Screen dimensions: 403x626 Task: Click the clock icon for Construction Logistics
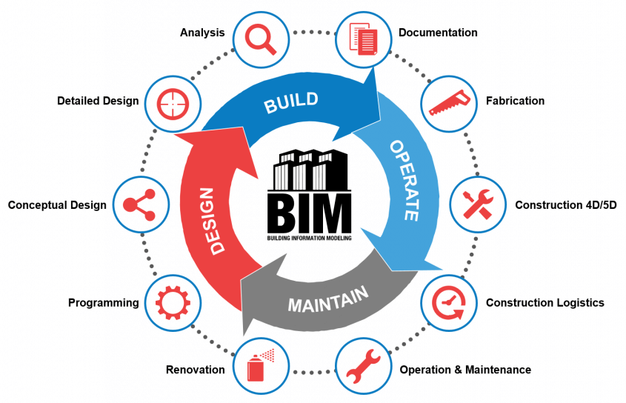tap(450, 302)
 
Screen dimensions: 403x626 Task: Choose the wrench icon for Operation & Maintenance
tap(364, 367)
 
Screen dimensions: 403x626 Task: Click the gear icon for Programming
tap(173, 303)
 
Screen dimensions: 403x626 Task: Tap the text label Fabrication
tap(515, 101)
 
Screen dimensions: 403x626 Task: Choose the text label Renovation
tap(196, 369)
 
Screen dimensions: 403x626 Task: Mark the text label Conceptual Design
tap(57, 205)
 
